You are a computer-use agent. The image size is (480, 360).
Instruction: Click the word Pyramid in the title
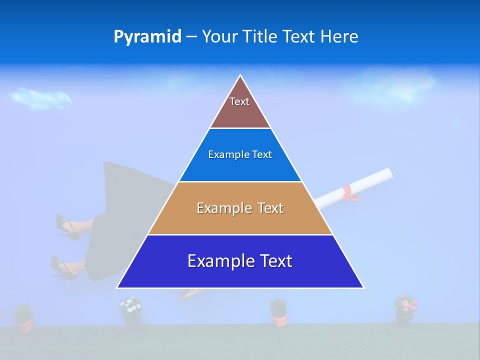(147, 37)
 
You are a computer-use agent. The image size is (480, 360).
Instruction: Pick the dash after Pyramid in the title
(191, 37)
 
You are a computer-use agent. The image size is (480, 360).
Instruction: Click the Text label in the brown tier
(239, 101)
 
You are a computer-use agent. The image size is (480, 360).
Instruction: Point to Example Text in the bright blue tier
(240, 154)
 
